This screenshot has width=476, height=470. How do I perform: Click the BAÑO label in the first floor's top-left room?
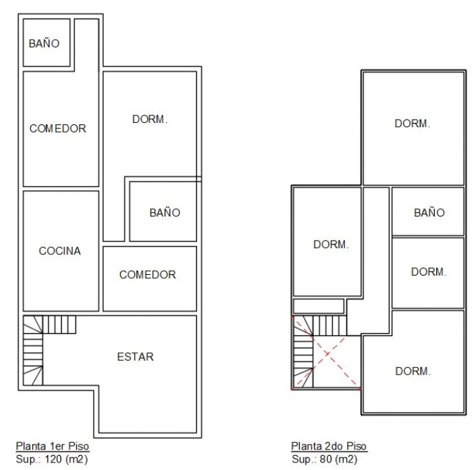44,43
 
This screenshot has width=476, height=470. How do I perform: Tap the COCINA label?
60,251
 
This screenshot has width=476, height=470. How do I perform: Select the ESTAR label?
135,357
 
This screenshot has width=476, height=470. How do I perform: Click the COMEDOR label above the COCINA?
58,128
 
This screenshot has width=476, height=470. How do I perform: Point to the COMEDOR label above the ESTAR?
147,275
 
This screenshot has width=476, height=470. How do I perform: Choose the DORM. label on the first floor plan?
150,119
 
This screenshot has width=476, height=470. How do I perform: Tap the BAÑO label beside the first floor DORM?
165,212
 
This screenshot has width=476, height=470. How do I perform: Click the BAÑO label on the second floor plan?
429,212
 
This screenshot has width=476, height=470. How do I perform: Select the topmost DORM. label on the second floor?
412,124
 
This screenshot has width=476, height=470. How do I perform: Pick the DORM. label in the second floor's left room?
331,245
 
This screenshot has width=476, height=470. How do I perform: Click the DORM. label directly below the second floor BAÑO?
429,271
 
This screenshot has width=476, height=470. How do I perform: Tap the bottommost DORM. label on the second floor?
413,371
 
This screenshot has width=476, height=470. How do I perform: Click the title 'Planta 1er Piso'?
53,446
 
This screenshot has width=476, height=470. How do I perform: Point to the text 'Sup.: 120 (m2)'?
52,459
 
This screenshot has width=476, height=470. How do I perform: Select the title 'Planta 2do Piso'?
329,446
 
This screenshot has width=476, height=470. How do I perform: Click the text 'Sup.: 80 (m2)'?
324,459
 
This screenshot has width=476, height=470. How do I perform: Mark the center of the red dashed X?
326,353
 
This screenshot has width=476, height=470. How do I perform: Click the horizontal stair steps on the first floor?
59,324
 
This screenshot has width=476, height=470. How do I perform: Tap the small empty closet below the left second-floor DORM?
318,306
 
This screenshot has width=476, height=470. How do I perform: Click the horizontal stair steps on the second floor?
329,326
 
